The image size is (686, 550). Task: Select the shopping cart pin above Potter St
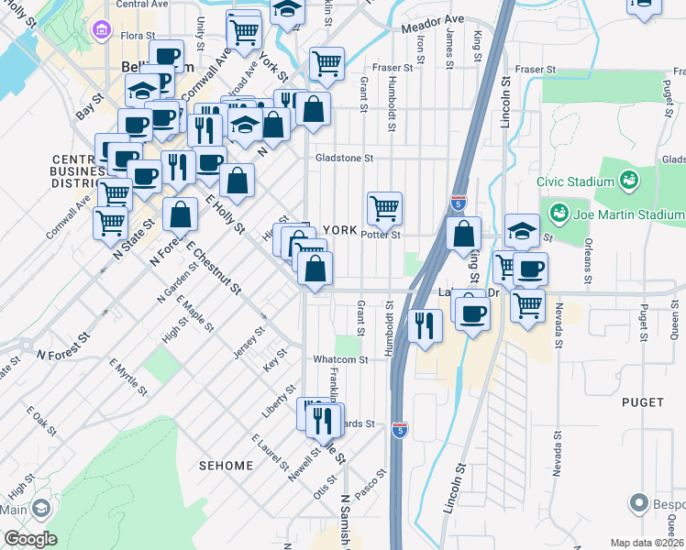384,208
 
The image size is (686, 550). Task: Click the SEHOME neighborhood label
226,466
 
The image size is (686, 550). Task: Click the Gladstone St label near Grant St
344,158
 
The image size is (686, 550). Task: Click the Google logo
30,539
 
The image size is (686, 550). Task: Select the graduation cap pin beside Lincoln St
521,230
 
